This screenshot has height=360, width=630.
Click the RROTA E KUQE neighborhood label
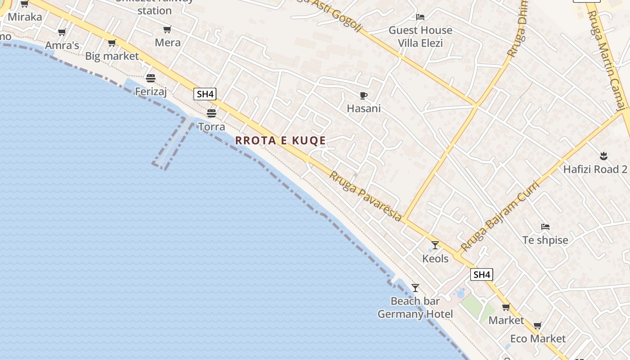[280, 140]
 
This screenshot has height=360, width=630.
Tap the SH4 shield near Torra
[205, 94]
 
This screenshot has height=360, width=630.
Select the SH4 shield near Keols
[481, 274]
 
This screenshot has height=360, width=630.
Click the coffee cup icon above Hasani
[364, 95]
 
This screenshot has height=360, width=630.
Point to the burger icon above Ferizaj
[151, 78]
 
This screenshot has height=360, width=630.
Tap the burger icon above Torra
[211, 113]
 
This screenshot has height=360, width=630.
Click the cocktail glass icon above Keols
[435, 245]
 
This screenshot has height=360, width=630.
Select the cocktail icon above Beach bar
[415, 288]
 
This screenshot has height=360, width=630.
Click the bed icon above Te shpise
[545, 226]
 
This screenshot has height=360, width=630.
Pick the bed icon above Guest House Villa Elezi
[420, 17]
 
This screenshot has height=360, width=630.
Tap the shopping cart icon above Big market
[112, 43]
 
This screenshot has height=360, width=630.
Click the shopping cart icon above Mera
[167, 30]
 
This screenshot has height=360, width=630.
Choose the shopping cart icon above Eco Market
[538, 325]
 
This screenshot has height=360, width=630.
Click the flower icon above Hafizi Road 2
[603, 156]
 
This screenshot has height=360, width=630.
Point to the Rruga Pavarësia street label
[365, 196]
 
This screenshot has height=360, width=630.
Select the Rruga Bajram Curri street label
[499, 216]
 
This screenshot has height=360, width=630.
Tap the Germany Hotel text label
[415, 314]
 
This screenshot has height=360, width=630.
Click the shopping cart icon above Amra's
[62, 32]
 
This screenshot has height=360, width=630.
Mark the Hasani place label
[364, 108]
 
